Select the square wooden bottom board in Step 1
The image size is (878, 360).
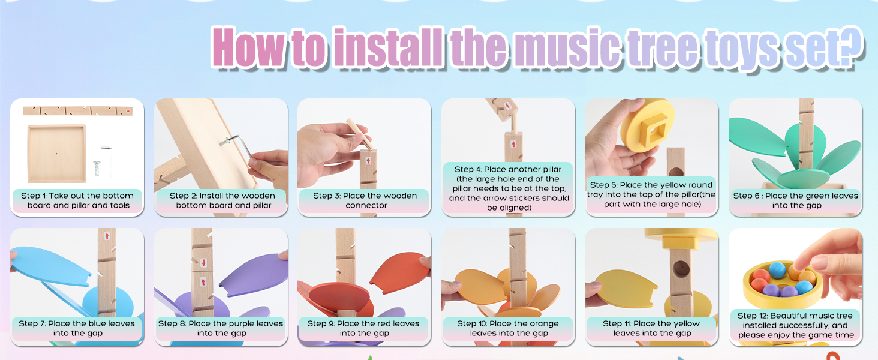56,154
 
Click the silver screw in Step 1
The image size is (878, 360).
97,168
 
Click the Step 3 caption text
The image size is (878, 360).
365,200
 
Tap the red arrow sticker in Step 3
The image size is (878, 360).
368,160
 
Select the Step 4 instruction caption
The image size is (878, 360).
509,188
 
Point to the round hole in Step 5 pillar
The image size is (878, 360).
676,172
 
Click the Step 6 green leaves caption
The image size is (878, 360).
796,200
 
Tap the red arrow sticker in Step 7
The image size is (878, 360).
107,236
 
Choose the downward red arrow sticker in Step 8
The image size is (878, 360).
203,262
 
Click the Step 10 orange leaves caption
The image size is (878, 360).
509,328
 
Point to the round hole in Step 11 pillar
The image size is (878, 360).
681,268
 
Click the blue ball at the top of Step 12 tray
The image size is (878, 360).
777,270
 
